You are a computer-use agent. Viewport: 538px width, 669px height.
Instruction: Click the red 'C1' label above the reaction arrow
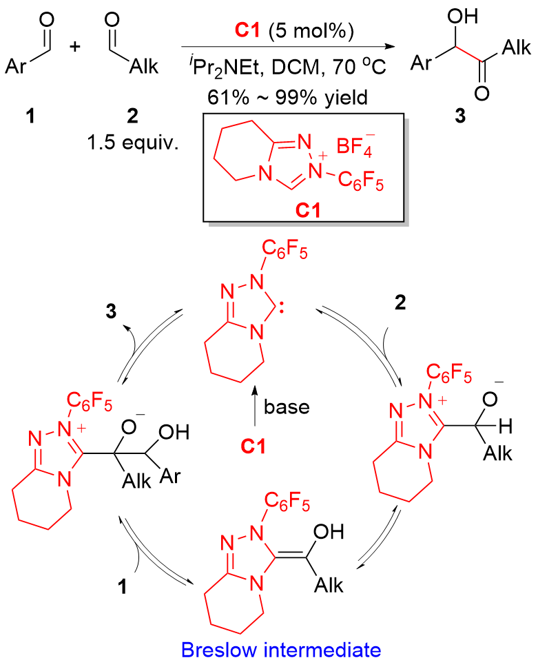coord(247,31)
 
